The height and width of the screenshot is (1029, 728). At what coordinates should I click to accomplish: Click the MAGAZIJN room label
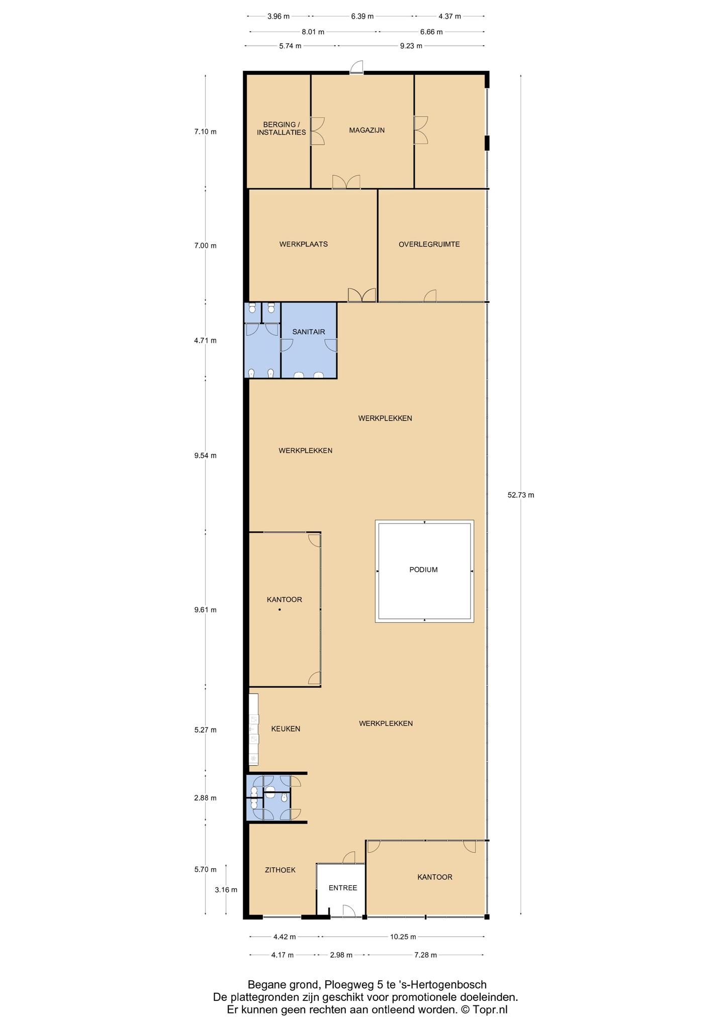click(367, 130)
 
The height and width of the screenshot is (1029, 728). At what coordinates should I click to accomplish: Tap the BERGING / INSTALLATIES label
click(281, 129)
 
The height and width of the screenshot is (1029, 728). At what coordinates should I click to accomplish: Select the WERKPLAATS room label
click(304, 244)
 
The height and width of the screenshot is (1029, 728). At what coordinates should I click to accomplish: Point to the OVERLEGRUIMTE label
click(429, 244)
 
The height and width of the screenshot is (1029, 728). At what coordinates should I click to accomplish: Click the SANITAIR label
click(308, 332)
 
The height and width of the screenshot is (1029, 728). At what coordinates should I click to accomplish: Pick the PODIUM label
click(423, 569)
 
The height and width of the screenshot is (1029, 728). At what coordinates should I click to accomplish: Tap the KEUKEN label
click(286, 729)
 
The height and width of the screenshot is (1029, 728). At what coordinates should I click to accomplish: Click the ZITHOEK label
click(280, 870)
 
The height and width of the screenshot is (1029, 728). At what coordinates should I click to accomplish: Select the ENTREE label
click(342, 888)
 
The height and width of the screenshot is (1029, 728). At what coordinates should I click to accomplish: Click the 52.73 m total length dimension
click(520, 495)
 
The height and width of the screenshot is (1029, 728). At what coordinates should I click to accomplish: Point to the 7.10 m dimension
click(205, 132)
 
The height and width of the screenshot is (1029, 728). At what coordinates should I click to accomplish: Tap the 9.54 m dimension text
click(205, 456)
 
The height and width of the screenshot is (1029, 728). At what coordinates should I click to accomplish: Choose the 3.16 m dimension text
click(226, 889)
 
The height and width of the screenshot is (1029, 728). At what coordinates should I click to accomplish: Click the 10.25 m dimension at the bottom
click(403, 937)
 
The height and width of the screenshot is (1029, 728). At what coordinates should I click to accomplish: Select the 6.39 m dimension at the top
click(362, 16)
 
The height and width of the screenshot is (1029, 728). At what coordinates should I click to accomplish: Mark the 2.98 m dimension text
click(341, 955)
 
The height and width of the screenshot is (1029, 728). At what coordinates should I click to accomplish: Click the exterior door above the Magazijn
click(356, 67)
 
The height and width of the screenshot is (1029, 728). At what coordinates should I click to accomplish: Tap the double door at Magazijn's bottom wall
click(346, 182)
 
